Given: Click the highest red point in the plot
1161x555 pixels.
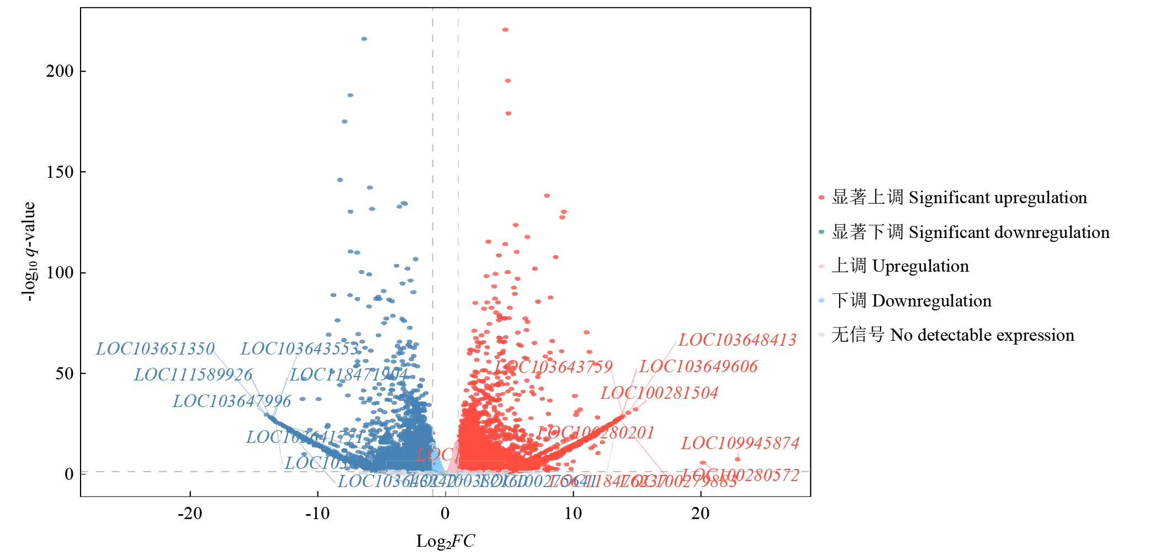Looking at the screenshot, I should coord(505,30).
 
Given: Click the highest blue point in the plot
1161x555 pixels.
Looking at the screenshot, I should coord(364,39).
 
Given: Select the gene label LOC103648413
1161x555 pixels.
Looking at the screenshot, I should coord(737,340).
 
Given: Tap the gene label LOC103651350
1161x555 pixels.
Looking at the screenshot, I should coord(155,349).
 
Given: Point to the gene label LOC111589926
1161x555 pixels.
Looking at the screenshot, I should coord(193,375).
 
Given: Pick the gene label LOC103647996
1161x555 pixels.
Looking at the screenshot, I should coord(232,401).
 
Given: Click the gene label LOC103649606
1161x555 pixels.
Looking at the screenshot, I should coord(698,367).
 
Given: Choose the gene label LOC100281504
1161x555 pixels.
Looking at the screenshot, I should coord(659,393).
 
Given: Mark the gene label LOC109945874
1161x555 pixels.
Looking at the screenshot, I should coord(740,443).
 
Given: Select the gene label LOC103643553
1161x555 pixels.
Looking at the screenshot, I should coord(300,349).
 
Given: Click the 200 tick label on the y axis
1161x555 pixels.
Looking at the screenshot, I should coord(60,71).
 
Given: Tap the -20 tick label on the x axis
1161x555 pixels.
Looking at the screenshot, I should coord(190,514).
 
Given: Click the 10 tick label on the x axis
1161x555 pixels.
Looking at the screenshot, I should coord(573,514).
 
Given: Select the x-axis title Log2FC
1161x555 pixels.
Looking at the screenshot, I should coord(445,541).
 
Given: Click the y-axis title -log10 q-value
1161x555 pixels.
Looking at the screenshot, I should coord(29,251).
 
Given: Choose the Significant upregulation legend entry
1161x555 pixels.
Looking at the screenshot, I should coord(959,198).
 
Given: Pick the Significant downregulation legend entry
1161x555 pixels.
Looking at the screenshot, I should coord(970,232).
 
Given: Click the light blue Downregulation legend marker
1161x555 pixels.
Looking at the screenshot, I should coord(821,301).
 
